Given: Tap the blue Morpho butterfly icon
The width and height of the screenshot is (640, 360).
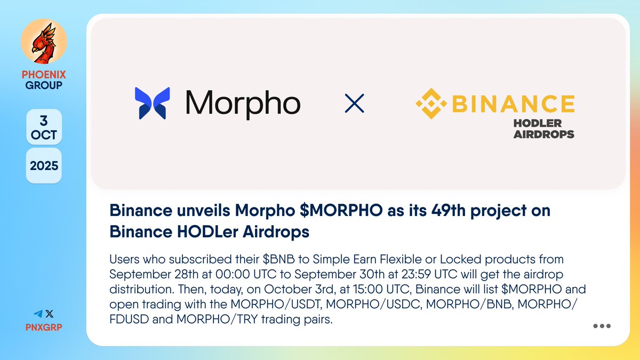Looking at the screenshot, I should pos(153,103).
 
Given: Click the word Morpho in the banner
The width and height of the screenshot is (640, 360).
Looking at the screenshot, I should pos(243,103).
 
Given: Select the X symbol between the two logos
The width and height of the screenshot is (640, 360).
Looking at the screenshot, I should pos(354,103).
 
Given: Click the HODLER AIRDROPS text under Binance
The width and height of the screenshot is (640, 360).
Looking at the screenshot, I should pos(543,129).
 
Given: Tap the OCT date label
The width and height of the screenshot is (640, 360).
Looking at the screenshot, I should pos(44,135).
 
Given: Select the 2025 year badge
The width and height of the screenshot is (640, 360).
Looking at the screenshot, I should pos(44,165).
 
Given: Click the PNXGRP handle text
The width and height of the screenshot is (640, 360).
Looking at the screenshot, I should pos(44,326).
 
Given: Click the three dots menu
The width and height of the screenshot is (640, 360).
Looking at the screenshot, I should pos(602,326).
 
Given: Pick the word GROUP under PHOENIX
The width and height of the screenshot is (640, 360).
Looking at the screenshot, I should pos(44,85).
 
